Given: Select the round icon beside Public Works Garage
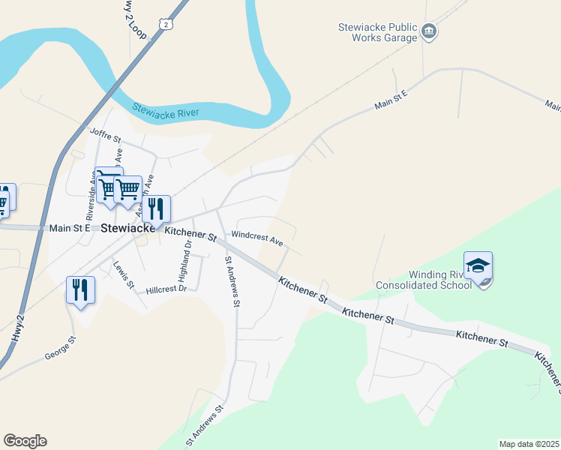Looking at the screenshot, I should click(429, 31).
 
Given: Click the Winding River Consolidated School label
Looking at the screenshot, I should click(424, 280).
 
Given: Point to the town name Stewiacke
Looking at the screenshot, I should click(127, 228).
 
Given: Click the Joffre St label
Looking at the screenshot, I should click(105, 136).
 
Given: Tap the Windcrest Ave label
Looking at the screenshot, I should click(256, 239).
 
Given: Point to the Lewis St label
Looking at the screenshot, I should click(123, 275).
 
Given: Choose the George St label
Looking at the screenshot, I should click(60, 345).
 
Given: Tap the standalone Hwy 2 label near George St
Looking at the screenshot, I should click(19, 328).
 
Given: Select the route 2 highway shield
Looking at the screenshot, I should click(165, 25).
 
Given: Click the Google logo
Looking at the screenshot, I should click(25, 441).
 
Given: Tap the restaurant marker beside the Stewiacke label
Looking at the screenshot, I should click(156, 211).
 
